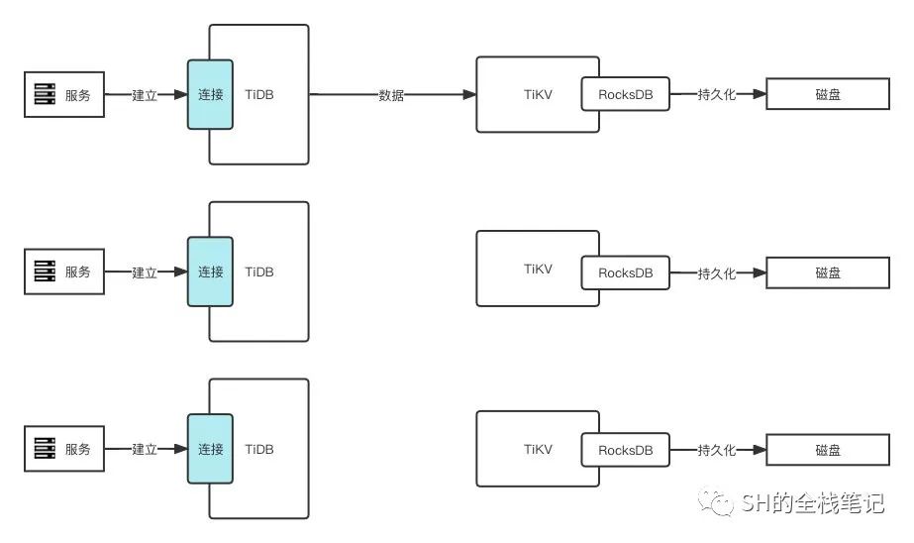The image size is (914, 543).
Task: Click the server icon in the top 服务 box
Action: click(44, 95)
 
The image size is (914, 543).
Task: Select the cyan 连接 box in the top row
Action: click(210, 95)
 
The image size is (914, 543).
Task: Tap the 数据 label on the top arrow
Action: click(391, 95)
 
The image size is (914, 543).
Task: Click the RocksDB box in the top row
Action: click(625, 95)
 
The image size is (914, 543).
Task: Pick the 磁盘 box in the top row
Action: click(828, 95)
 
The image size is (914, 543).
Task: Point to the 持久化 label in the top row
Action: click(717, 95)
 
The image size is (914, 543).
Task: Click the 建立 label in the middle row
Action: click(145, 272)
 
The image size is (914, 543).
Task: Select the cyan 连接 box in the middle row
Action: click(210, 271)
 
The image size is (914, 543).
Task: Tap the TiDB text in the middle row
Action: click(259, 271)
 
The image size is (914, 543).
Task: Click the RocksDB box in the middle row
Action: click(625, 272)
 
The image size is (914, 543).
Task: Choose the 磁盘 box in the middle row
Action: click(828, 272)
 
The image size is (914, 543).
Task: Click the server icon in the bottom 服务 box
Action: click(44, 449)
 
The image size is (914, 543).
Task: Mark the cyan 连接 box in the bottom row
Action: click(210, 449)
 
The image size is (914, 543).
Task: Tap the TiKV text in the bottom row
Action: click(538, 449)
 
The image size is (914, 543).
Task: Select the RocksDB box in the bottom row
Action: click(625, 450)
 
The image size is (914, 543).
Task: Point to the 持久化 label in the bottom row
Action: click(717, 450)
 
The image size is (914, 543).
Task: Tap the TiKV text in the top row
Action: click(538, 95)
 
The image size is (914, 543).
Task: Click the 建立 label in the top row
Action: click(145, 95)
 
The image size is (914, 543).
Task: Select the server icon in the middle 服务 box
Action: click(44, 271)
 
